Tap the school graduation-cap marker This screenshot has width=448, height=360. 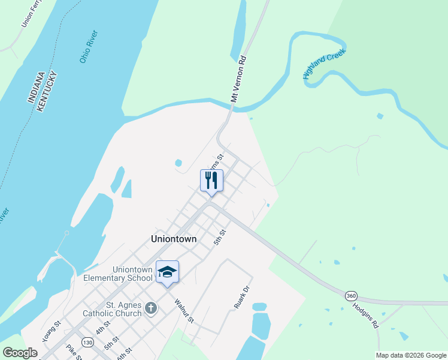tap(168, 271)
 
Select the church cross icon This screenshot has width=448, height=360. tap(151, 308)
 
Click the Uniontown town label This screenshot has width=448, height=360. tap(174, 239)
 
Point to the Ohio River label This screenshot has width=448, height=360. tap(89, 46)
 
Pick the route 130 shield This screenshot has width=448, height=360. tap(88, 341)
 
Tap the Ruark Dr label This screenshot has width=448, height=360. tap(241, 300)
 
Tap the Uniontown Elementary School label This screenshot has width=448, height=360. tap(118, 274)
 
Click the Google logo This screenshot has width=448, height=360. tap(20, 353)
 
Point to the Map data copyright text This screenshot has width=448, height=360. tap(411, 355)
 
